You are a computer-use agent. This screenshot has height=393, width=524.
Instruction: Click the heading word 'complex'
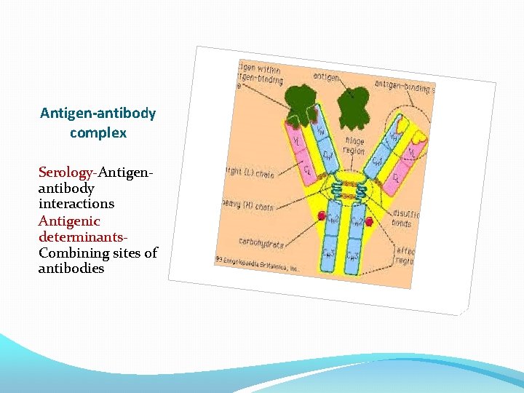[98, 133]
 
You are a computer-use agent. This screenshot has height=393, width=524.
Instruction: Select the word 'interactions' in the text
[76, 205]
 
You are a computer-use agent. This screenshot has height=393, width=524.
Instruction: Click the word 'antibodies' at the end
[71, 269]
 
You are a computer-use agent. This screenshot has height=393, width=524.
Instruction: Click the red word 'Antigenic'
[69, 221]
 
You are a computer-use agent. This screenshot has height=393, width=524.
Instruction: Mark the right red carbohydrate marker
[369, 221]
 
